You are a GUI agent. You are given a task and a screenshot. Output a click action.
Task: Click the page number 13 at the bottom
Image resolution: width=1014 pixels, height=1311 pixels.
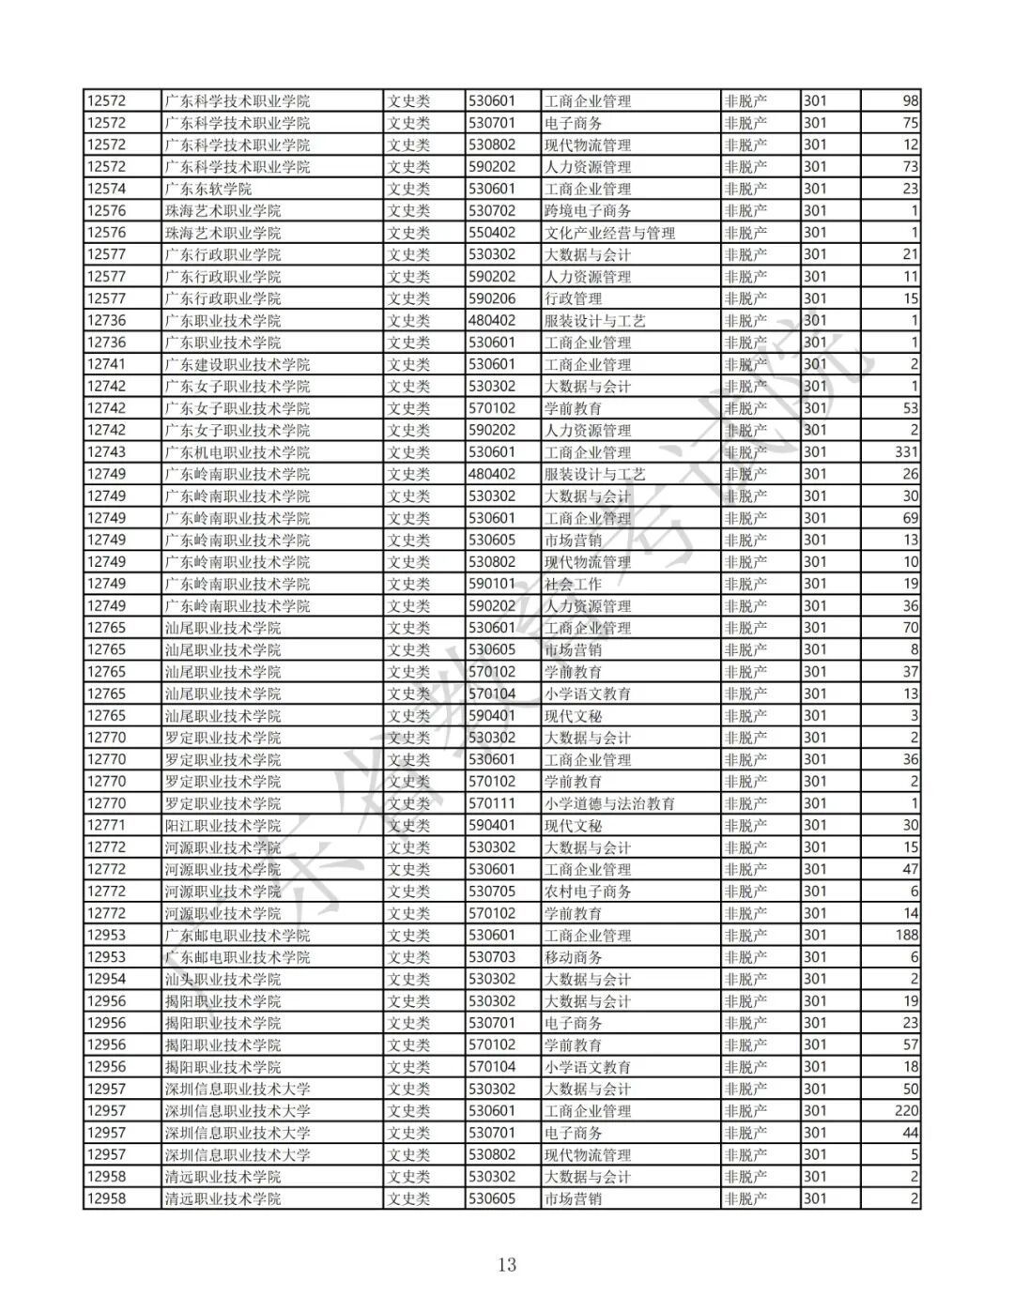tap(507, 1264)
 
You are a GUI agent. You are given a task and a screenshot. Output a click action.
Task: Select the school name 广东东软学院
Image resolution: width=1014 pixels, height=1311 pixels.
tap(207, 189)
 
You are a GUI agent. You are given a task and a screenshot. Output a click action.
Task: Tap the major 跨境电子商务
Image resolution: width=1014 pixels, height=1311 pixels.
tap(588, 211)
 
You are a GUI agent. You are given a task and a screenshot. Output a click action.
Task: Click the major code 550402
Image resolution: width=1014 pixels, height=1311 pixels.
tap(492, 233)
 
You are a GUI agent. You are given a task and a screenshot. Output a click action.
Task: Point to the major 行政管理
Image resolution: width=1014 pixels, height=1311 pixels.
tap(573, 298)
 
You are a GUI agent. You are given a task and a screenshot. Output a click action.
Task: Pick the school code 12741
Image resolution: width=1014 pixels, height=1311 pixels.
tap(106, 364)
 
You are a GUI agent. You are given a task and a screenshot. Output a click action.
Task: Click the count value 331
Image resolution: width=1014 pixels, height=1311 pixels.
tap(906, 452)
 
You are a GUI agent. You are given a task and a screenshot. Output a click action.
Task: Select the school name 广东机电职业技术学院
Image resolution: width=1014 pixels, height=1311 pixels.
tap(237, 452)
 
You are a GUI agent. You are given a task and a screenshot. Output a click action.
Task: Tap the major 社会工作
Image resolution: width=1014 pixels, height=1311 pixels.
tap(573, 584)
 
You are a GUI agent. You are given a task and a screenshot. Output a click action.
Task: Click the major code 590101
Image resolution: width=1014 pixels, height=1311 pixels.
tap(492, 584)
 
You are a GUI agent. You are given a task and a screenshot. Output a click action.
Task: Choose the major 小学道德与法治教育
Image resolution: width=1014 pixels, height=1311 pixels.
tap(609, 803)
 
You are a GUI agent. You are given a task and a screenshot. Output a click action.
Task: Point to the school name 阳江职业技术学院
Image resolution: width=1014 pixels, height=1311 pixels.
tap(223, 825)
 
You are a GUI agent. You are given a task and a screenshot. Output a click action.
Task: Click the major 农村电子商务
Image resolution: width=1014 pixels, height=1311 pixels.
tap(588, 892)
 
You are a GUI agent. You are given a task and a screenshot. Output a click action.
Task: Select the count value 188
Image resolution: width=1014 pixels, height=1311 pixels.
tap(906, 935)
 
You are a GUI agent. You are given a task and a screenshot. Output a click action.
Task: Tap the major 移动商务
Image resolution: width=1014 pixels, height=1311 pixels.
tap(573, 957)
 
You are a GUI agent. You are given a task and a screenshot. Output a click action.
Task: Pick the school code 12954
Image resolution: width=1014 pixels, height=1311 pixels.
tap(106, 979)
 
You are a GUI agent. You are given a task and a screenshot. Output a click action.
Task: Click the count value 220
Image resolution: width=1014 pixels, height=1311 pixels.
tap(906, 1111)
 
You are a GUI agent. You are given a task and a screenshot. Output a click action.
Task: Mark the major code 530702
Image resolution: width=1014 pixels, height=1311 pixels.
tap(492, 211)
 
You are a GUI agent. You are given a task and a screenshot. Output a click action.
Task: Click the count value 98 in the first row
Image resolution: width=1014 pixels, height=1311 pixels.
tap(910, 101)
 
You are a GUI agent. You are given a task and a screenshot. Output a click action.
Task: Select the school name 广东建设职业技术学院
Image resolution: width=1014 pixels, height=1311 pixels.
tap(237, 364)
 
